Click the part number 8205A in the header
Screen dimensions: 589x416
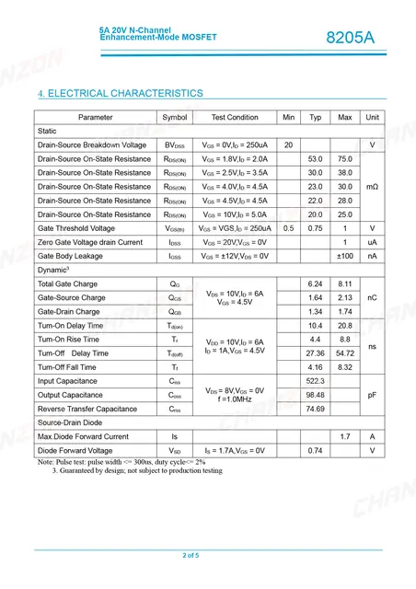pyautogui.click(x=351, y=38)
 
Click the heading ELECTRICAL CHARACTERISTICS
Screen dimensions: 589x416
pyautogui.click(x=120, y=94)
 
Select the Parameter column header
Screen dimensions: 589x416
pyautogui.click(x=96, y=118)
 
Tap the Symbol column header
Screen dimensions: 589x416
pyautogui.click(x=174, y=118)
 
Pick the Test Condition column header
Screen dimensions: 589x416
pyautogui.click(x=235, y=118)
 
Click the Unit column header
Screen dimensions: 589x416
pyautogui.click(x=372, y=118)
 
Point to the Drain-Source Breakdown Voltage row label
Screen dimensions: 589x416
pyautogui.click(x=92, y=145)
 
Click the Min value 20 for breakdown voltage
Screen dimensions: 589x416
pyautogui.click(x=288, y=145)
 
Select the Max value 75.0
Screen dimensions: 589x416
pyautogui.click(x=345, y=159)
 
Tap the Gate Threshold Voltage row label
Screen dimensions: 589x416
pyautogui.click(x=76, y=228)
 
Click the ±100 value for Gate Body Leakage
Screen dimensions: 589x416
pyautogui.click(x=345, y=256)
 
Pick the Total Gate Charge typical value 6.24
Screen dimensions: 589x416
pyautogui.click(x=316, y=283)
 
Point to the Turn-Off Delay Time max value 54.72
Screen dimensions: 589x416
pyautogui.click(x=345, y=353)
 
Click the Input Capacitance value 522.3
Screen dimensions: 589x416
pyautogui.click(x=316, y=381)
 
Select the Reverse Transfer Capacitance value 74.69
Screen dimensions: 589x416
pyautogui.click(x=316, y=409)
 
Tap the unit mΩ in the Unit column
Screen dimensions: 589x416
pyautogui.click(x=372, y=187)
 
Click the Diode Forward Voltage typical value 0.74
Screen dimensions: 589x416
pyautogui.click(x=316, y=450)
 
